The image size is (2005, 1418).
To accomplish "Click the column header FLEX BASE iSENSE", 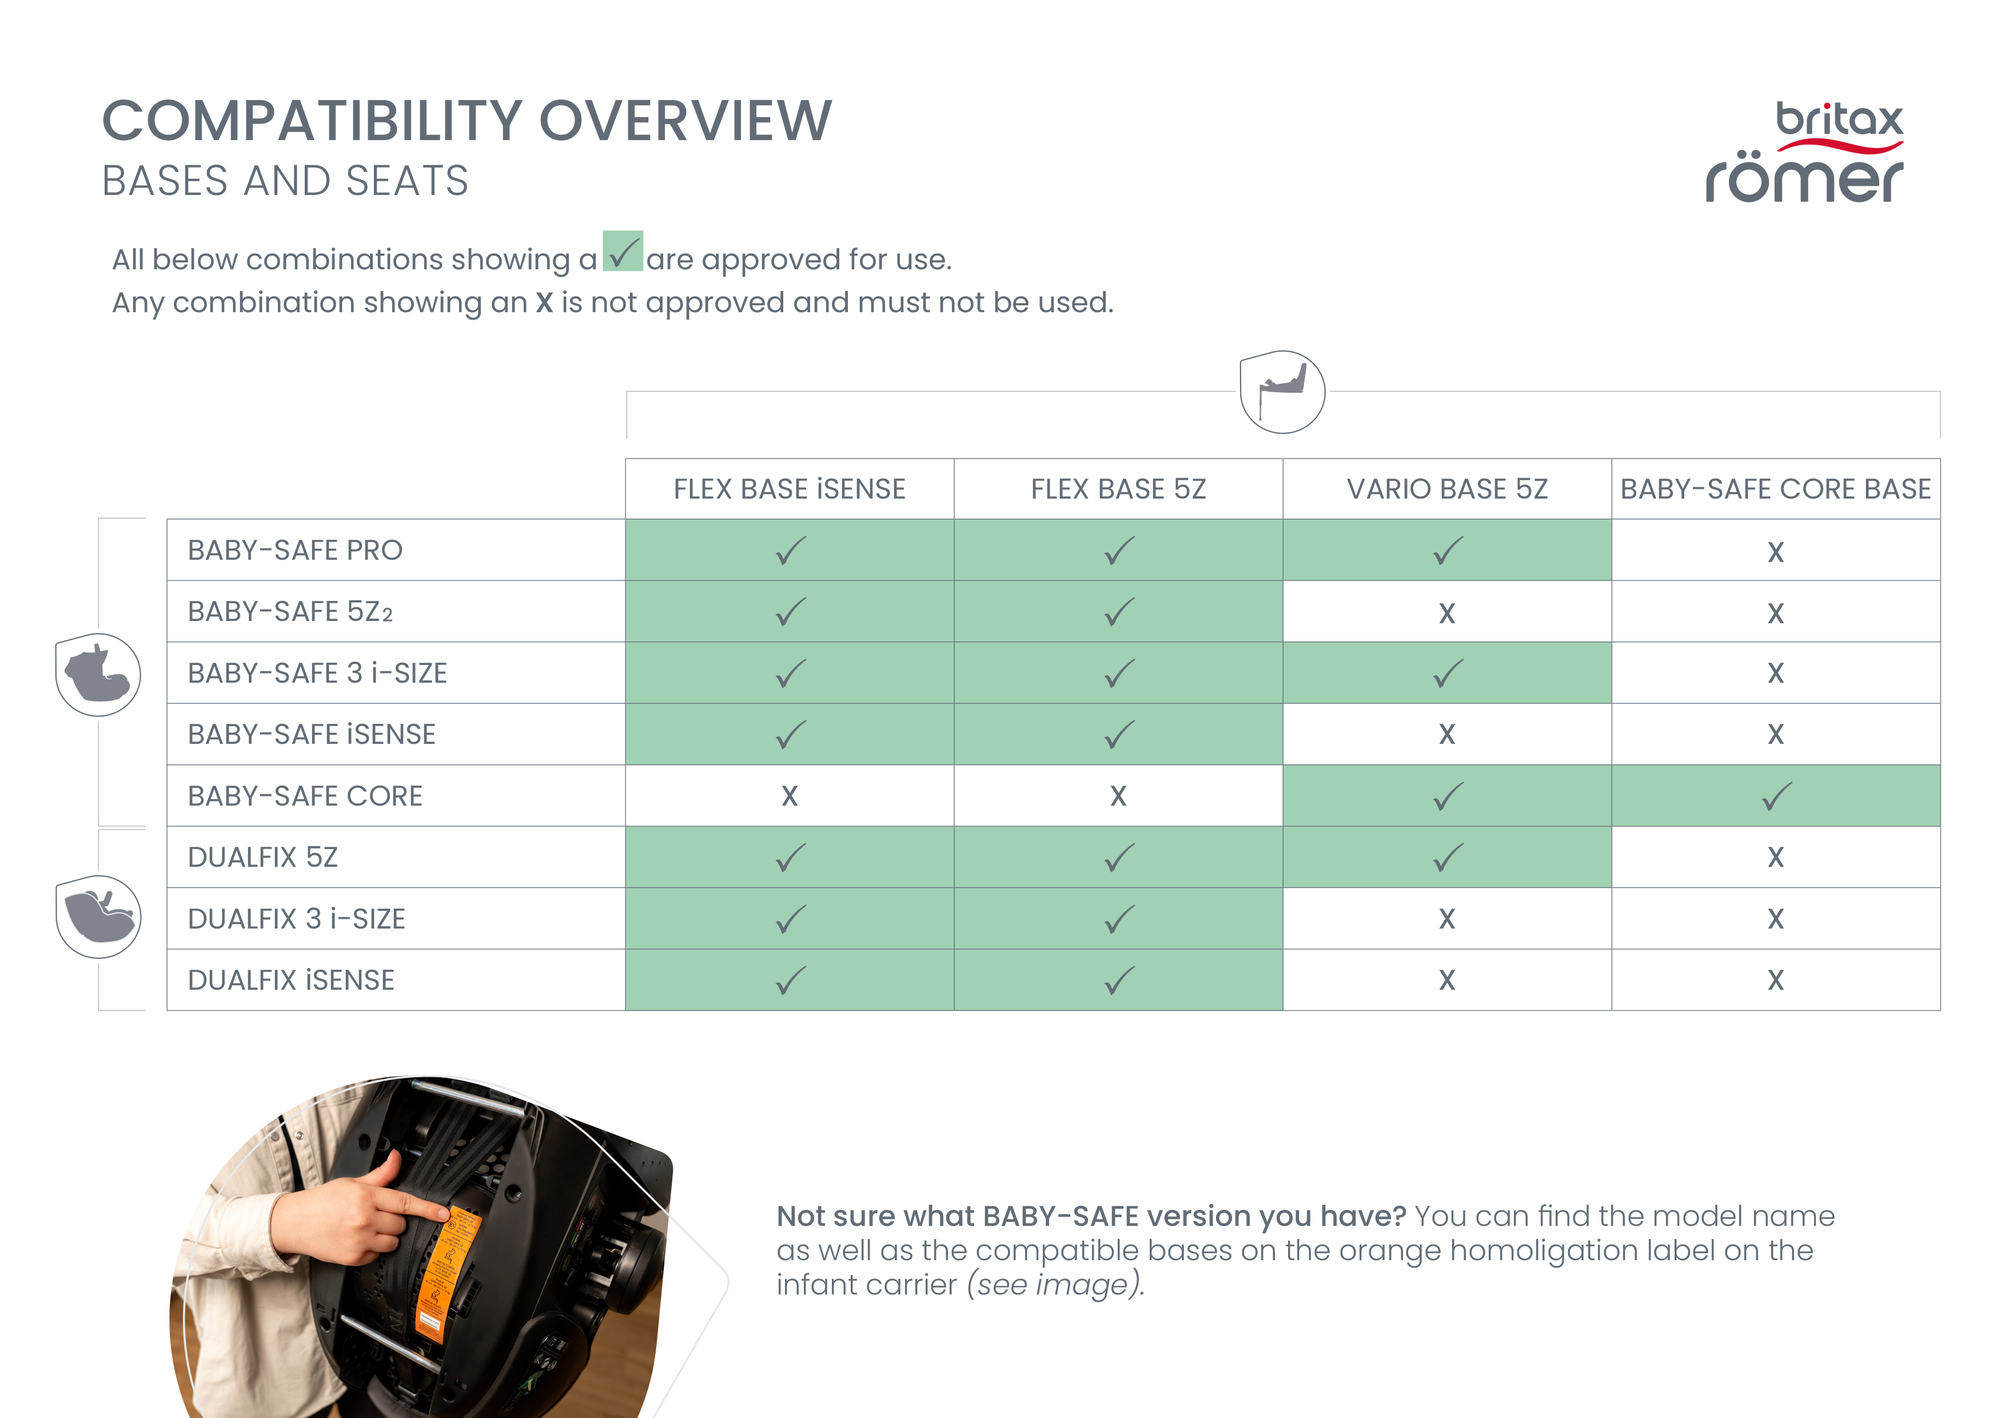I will click(x=790, y=489).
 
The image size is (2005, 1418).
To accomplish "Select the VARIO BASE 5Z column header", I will click(x=1447, y=489).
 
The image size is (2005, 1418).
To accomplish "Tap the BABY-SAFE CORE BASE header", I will click(x=1775, y=489).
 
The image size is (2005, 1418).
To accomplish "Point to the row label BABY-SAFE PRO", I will click(x=295, y=550).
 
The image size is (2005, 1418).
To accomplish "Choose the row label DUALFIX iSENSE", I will click(x=291, y=979).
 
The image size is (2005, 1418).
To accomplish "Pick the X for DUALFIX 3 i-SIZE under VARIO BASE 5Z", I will click(x=1447, y=919).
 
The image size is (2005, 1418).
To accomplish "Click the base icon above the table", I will click(x=1282, y=392).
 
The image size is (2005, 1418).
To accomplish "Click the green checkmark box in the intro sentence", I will click(x=623, y=252).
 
